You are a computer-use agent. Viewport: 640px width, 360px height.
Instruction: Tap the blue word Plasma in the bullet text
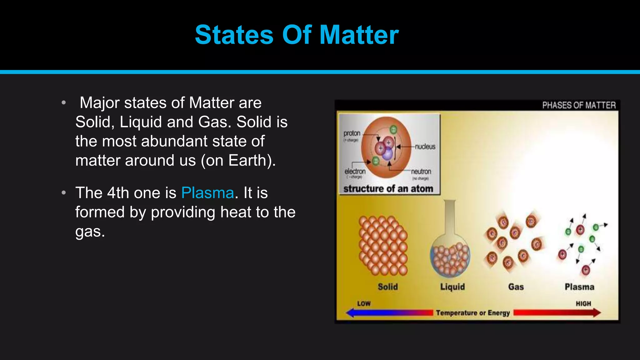(207, 193)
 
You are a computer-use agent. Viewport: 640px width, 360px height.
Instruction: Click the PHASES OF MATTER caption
(579, 105)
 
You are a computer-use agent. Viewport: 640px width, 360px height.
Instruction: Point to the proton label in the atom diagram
(352, 133)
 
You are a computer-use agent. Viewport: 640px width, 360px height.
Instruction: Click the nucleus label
(425, 147)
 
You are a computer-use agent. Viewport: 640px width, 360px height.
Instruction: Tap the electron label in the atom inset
(355, 172)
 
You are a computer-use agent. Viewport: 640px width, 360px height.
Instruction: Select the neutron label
(421, 172)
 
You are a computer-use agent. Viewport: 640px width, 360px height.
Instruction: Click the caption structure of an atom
(388, 189)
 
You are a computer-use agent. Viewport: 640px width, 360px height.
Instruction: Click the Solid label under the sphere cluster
(387, 287)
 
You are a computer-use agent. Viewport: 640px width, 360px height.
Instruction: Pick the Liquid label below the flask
(452, 287)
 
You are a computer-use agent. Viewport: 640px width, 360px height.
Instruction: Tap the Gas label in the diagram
(516, 287)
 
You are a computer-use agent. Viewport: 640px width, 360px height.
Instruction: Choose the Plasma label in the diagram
(579, 287)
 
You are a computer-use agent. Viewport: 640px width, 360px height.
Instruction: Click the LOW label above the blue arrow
(364, 304)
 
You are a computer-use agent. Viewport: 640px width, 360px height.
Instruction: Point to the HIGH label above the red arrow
(583, 304)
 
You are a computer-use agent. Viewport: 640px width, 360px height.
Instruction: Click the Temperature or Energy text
(473, 313)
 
